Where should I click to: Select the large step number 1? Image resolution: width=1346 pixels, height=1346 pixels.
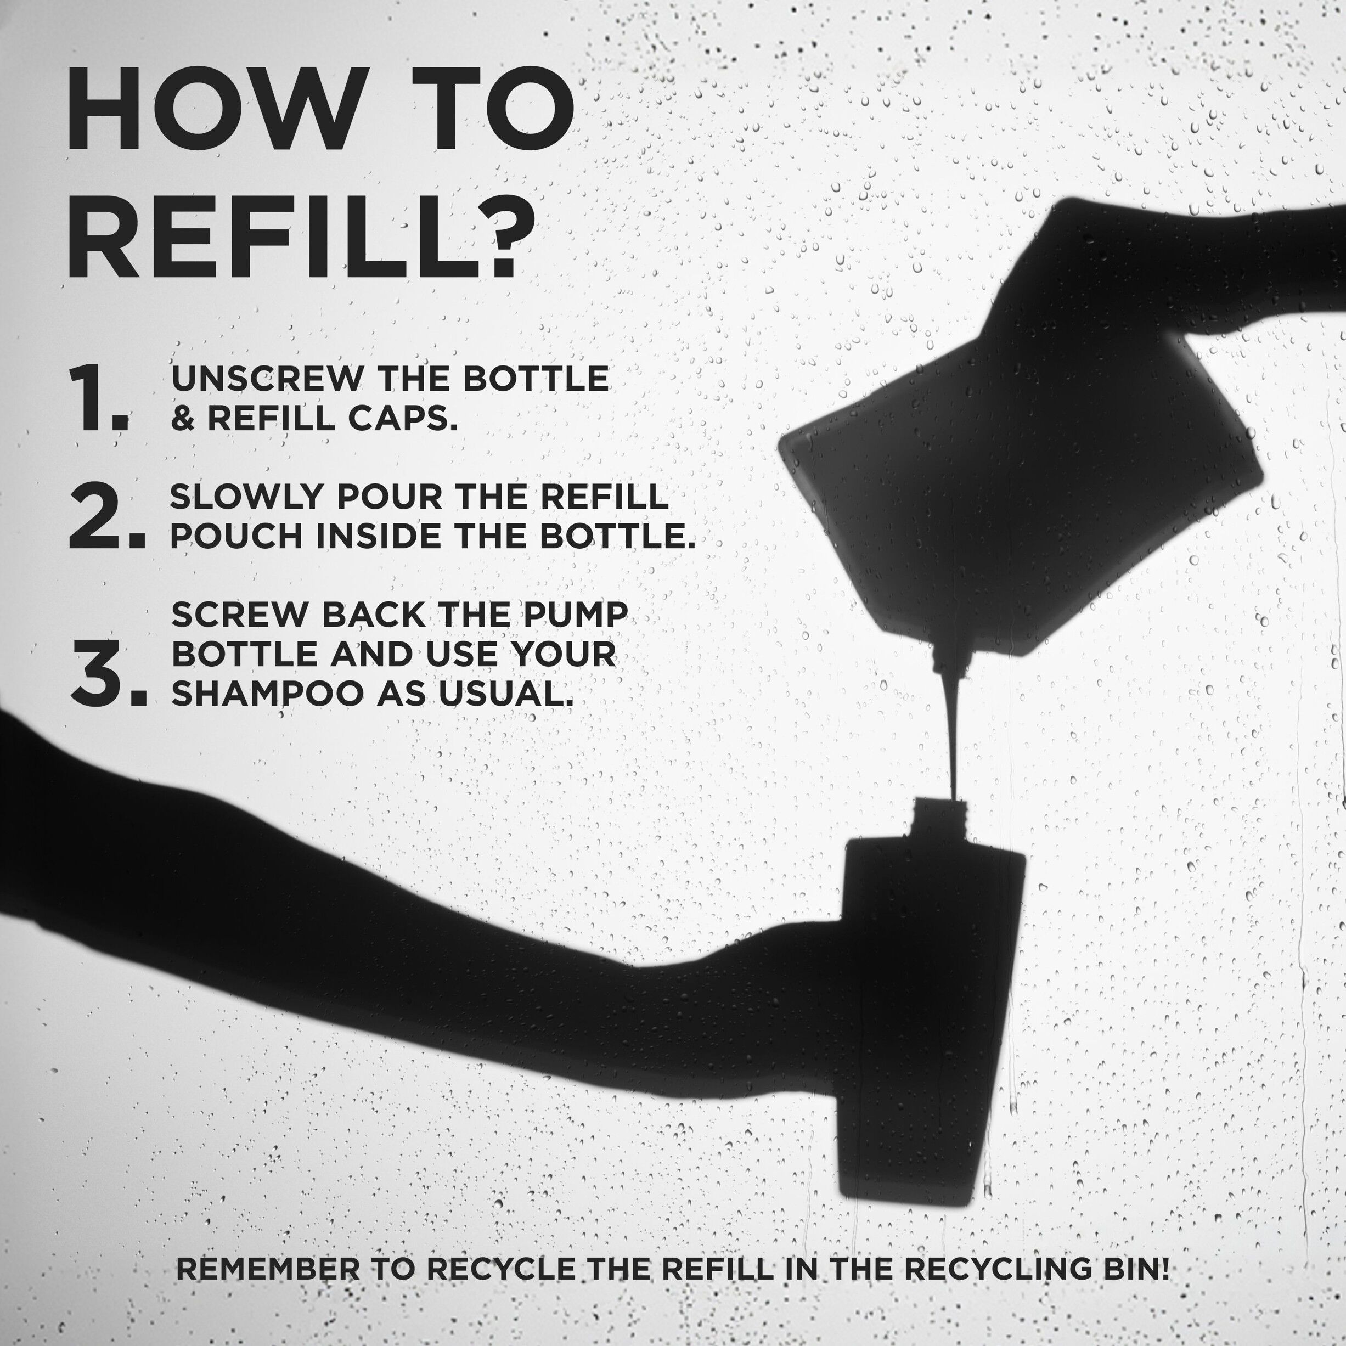click(98, 399)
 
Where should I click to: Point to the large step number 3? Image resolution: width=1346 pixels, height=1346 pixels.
click(108, 673)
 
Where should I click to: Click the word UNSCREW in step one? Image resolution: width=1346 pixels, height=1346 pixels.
click(267, 379)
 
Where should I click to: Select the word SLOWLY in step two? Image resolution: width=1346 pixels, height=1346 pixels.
click(247, 497)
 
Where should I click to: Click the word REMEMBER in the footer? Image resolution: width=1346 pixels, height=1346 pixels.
click(269, 1269)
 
